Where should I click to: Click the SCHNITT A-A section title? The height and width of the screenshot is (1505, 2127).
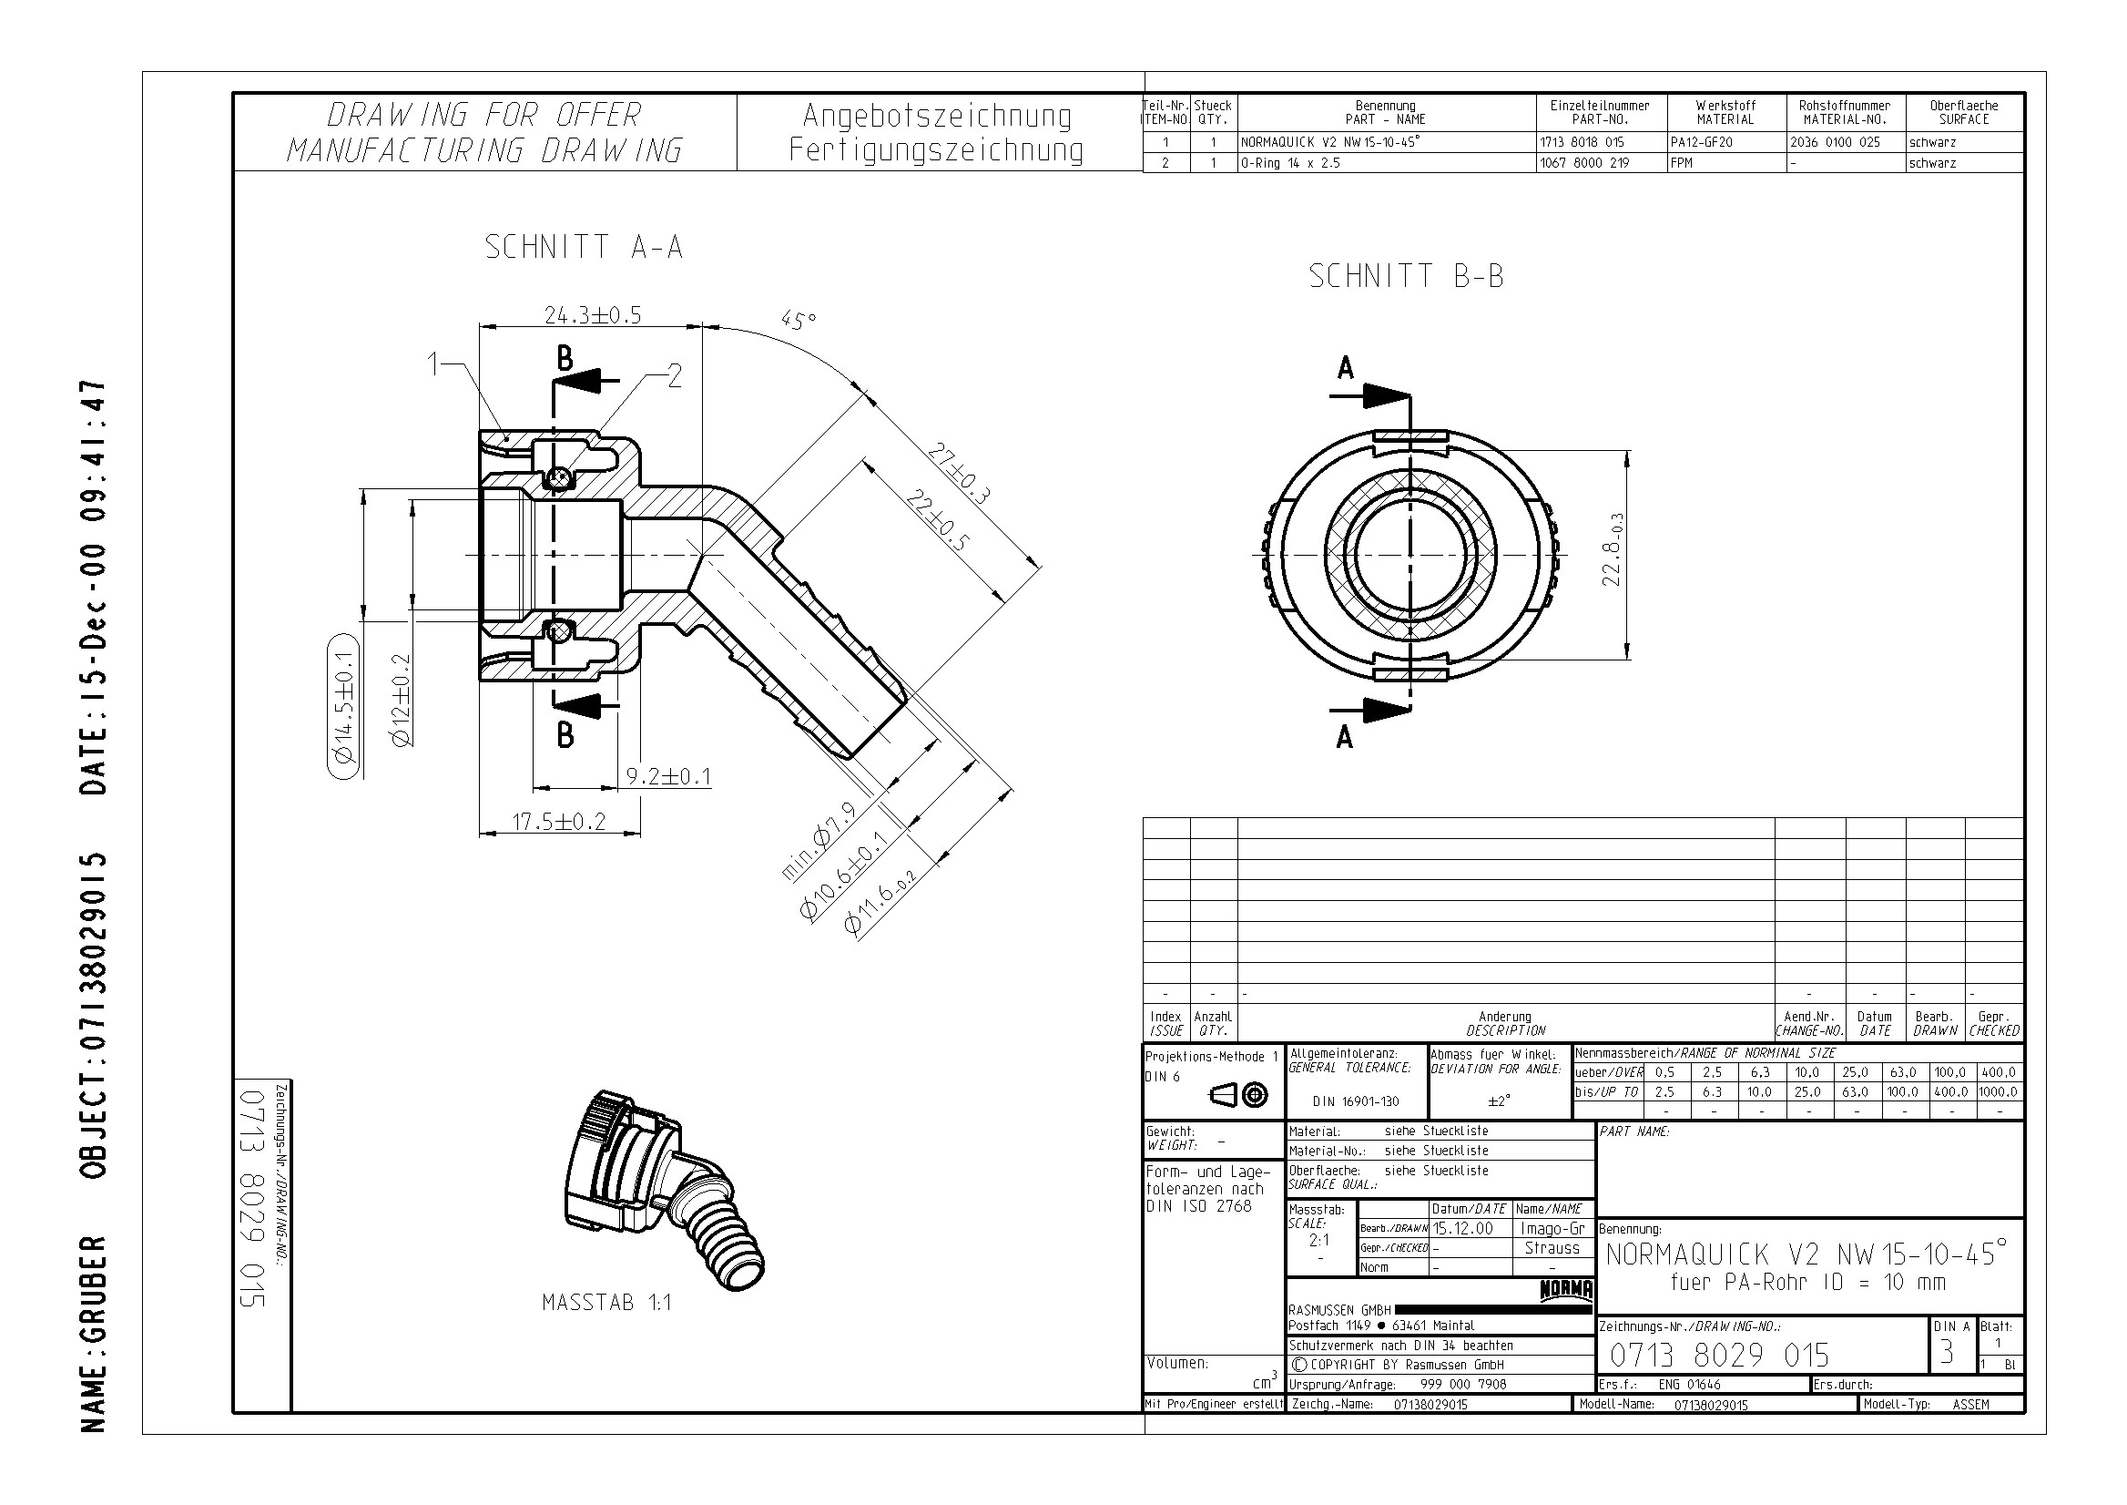tap(584, 248)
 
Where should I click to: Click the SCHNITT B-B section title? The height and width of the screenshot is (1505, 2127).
tap(1406, 276)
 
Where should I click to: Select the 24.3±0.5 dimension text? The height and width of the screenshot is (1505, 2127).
tap(592, 315)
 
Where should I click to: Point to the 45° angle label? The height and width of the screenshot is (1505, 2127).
tap(799, 321)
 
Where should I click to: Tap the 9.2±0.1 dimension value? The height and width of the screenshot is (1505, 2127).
tap(668, 776)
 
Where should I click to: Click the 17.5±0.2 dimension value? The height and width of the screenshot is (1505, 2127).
tap(559, 821)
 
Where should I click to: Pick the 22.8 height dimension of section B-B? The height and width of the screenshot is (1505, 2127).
tap(1613, 549)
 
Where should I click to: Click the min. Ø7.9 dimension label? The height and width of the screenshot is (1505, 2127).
tap(818, 842)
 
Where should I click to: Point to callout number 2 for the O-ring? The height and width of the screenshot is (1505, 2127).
tap(675, 375)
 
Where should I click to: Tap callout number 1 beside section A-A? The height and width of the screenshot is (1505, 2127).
tap(433, 364)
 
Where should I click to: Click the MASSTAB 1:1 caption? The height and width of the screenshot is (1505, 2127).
tap(606, 1303)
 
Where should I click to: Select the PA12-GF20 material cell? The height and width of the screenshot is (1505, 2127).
tap(1701, 143)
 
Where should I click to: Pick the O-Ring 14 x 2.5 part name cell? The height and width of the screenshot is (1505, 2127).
tap(1290, 163)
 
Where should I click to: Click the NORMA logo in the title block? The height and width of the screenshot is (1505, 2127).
tap(1565, 1290)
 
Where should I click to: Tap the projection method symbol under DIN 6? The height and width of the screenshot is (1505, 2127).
tap(1238, 1096)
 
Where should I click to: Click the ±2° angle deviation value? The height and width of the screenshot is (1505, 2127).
tap(1499, 1101)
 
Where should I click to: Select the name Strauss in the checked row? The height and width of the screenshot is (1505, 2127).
tap(1552, 1248)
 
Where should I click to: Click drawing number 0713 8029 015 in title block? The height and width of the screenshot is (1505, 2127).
tap(1719, 1356)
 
